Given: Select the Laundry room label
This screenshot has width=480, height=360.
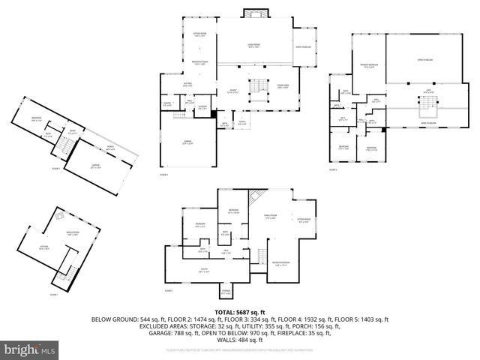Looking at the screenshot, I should point(202,106).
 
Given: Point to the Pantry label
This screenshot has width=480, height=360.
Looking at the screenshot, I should point(167,103).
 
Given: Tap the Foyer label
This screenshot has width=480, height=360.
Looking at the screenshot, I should point(233,91).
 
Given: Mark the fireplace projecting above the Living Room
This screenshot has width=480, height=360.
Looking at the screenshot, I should point(253,13).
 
